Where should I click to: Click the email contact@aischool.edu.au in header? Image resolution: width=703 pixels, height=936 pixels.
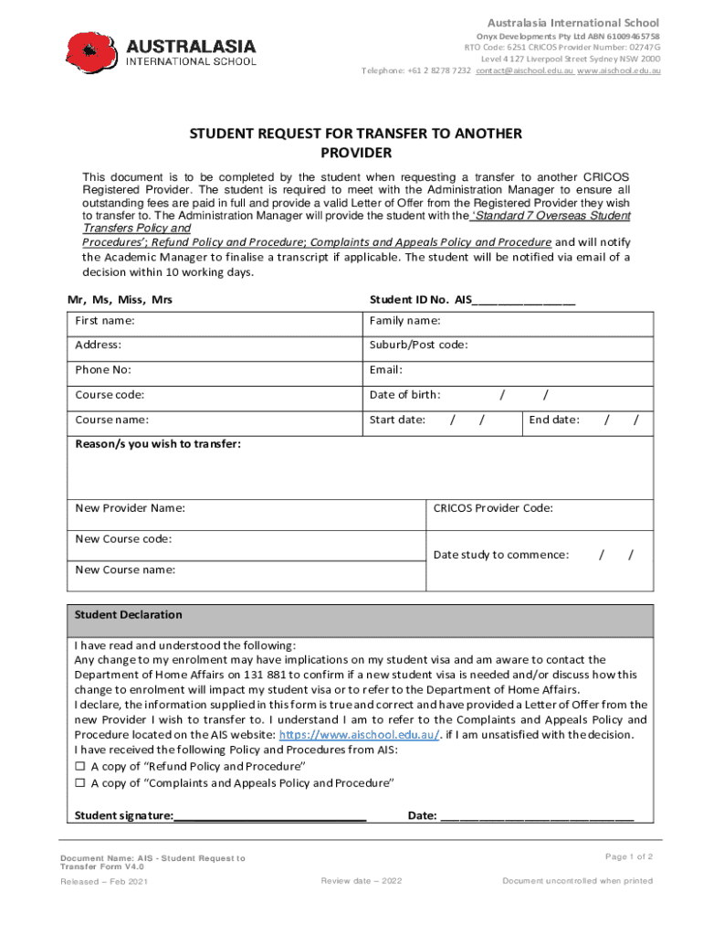tap(524, 70)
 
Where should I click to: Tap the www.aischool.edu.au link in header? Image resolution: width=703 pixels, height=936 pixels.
tap(618, 70)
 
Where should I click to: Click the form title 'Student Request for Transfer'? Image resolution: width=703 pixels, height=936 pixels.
tap(355, 143)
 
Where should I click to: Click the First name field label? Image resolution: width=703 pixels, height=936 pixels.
tap(105, 321)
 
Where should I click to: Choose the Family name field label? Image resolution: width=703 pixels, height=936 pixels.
tap(404, 321)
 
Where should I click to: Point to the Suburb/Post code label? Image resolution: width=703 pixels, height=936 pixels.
tap(418, 346)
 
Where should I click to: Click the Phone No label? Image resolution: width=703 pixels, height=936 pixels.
tap(103, 370)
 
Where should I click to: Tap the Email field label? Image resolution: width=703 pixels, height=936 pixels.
tap(385, 370)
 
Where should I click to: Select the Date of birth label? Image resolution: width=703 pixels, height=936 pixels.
tap(404, 395)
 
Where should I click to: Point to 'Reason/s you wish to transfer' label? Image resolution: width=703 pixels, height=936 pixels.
tap(158, 443)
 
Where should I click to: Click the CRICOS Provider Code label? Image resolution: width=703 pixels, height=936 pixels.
tap(493, 508)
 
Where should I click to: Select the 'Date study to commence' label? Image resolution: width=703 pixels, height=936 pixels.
tap(501, 555)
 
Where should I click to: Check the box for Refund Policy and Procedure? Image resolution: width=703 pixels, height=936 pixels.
tap(80, 766)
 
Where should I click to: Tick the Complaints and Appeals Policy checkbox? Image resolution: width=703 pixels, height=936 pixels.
tap(80, 783)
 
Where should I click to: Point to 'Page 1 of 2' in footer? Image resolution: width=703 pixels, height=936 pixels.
tap(628, 856)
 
